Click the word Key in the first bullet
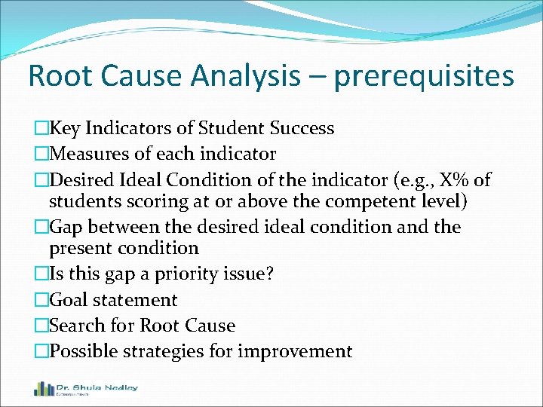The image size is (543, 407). [x=65, y=128]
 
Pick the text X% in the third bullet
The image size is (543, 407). [x=453, y=180]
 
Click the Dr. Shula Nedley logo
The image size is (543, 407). [x=85, y=389]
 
